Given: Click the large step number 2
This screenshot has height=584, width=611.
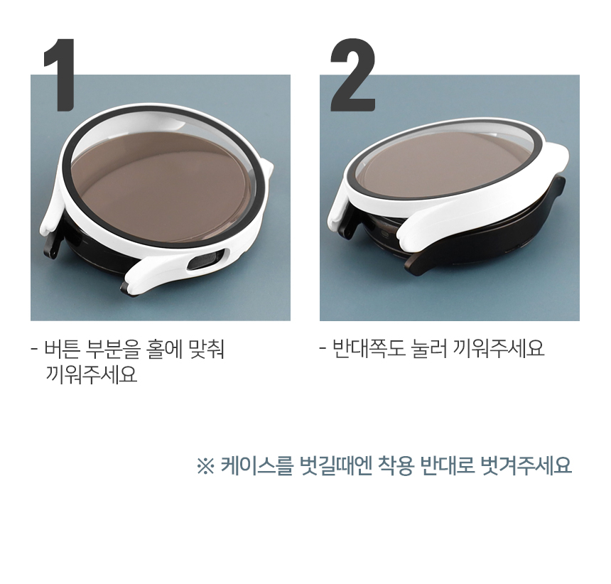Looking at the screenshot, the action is (x=353, y=75).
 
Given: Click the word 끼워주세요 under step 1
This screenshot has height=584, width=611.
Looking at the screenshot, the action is (x=92, y=374).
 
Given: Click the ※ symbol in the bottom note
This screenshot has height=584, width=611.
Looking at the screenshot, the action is (x=205, y=465).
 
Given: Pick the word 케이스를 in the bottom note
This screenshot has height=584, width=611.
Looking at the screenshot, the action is (x=256, y=465).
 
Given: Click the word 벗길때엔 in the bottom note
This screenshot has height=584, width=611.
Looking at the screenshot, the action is (x=335, y=465).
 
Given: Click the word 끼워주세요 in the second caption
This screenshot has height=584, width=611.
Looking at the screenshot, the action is (x=498, y=348).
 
